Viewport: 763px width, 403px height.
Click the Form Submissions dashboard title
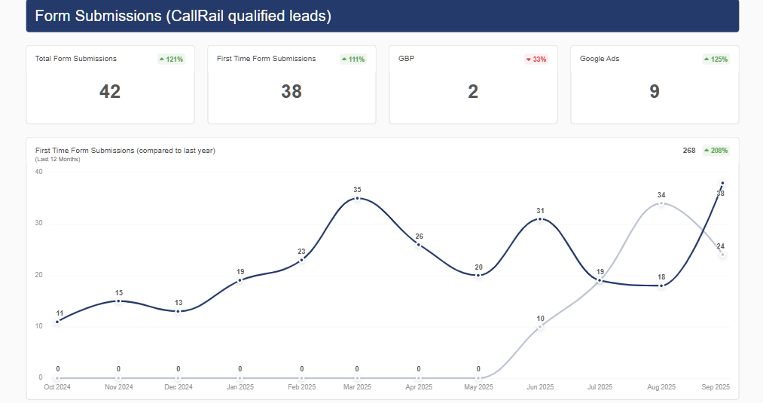point(183,16)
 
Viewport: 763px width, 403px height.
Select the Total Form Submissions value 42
point(110,92)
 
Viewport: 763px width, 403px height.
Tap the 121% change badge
point(171,59)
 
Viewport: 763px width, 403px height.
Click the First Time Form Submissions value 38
point(291,92)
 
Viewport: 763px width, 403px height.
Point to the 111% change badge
point(353,59)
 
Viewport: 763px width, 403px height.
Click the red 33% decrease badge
point(536,59)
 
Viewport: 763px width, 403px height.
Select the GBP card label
point(407,58)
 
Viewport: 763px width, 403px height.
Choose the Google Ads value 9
point(655,92)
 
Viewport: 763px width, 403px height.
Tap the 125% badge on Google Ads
point(716,59)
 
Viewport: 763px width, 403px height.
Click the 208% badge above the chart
point(716,151)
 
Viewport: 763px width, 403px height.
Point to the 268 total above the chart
point(689,151)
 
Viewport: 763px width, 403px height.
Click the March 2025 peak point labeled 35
point(357,198)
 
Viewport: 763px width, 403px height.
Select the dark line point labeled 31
point(540,219)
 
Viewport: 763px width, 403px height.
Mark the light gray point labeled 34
point(661,203)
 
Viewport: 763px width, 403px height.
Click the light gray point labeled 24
point(722,255)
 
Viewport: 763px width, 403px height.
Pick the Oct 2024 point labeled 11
point(57,322)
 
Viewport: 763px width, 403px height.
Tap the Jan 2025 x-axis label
point(240,387)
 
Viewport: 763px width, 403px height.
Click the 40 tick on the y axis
point(39,172)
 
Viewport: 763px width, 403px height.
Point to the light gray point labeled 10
point(540,327)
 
